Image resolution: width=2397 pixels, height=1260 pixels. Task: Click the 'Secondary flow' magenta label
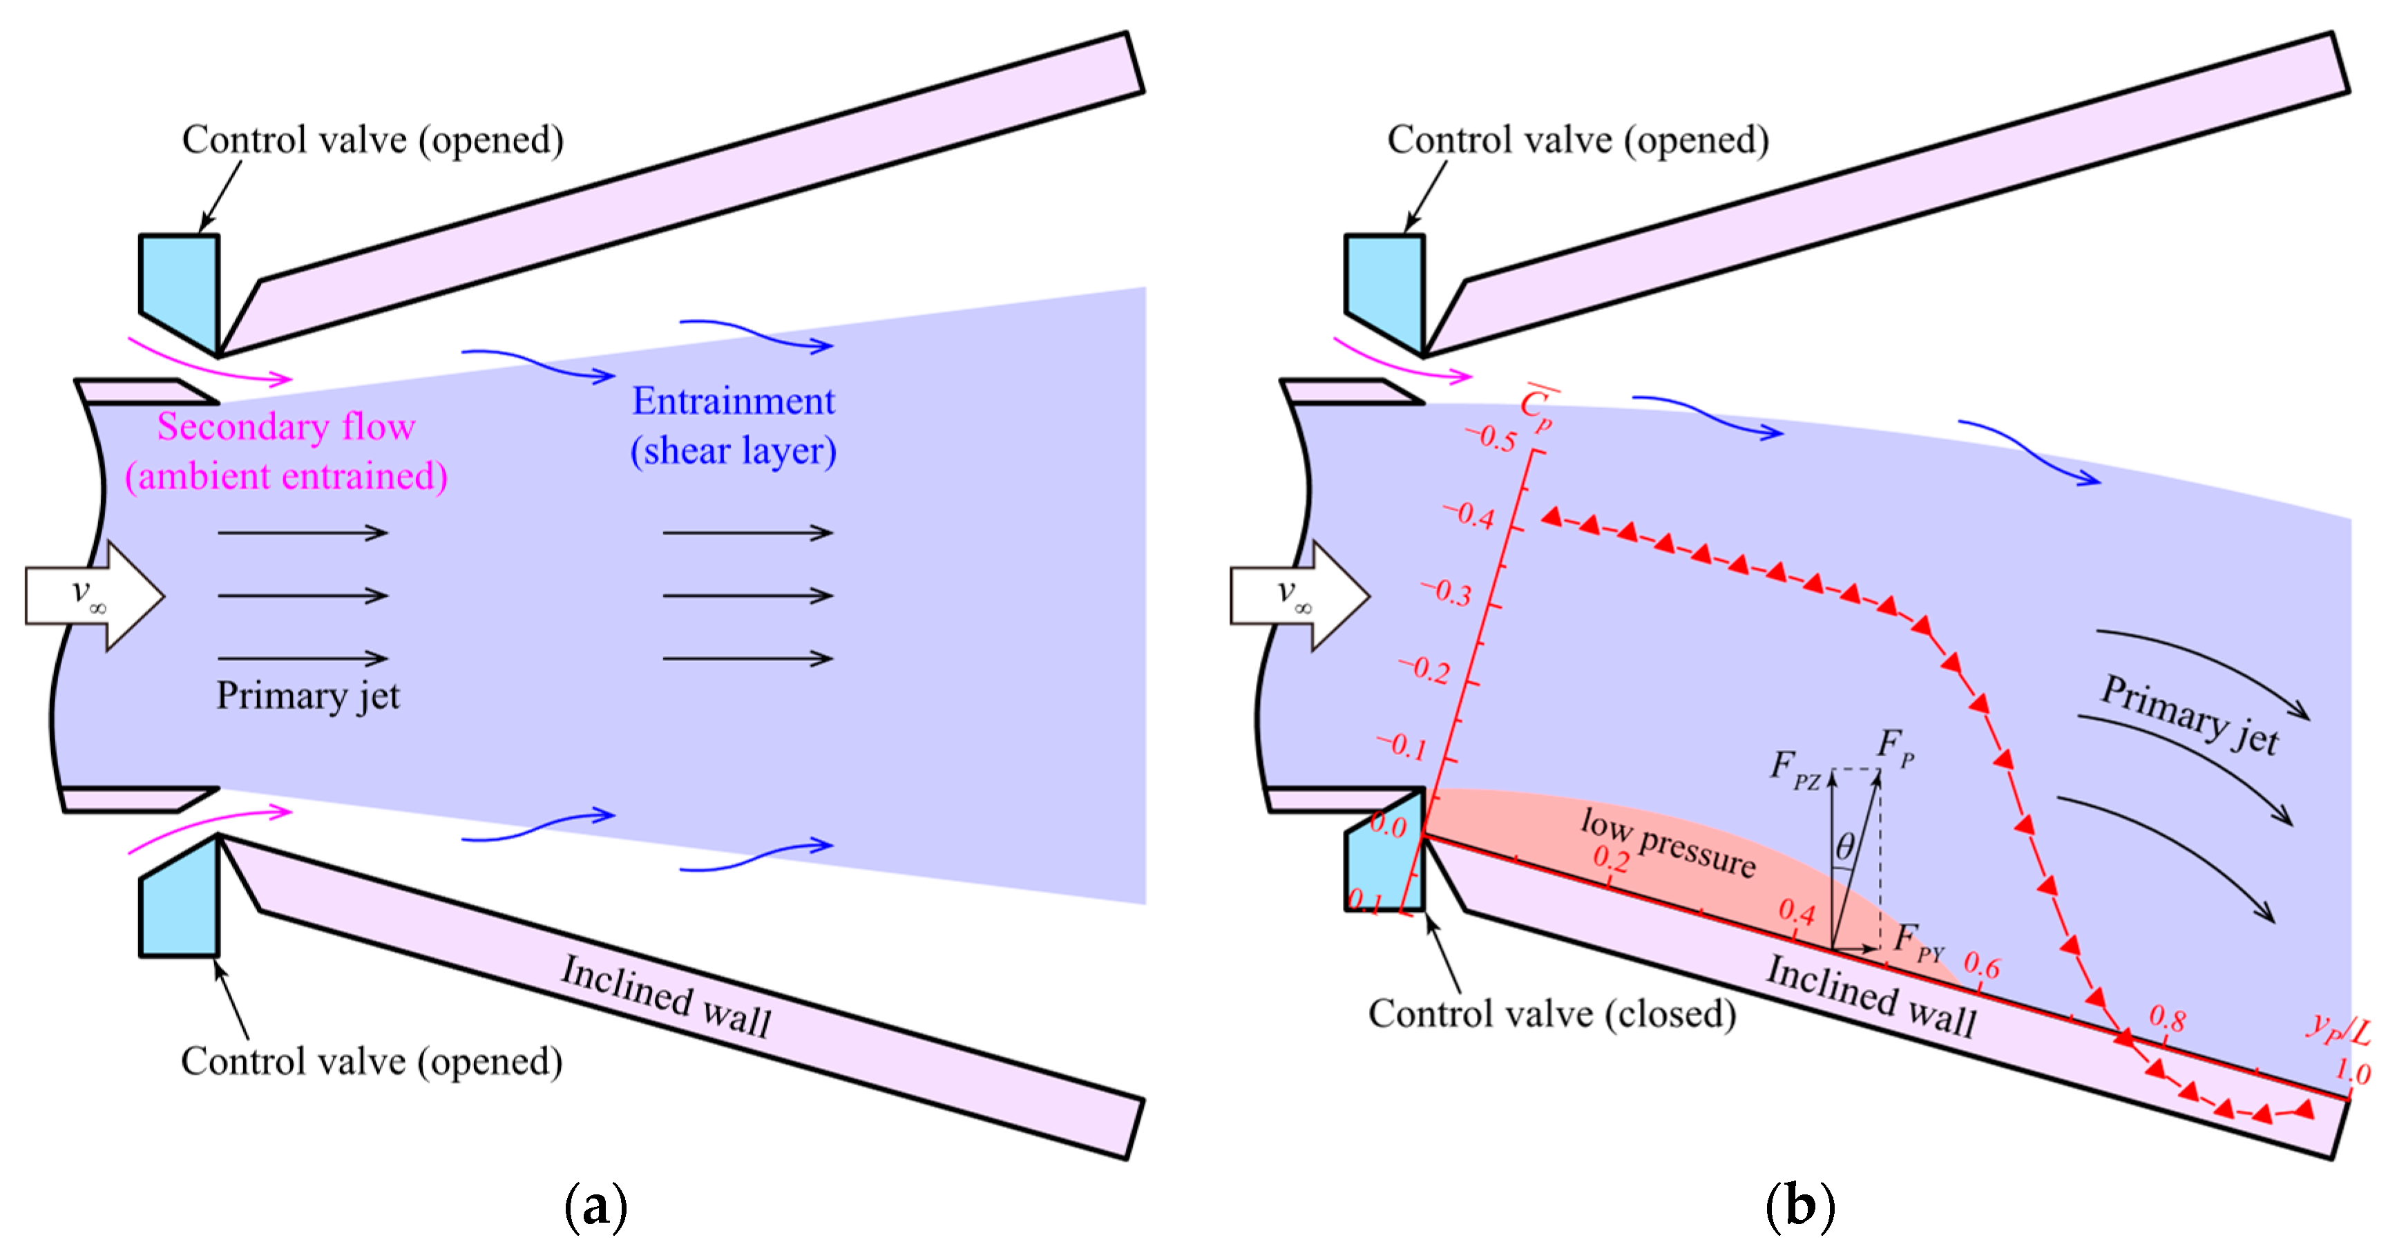click(x=286, y=426)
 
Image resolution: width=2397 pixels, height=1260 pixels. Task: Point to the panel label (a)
click(x=595, y=1206)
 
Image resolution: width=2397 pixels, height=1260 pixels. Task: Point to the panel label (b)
click(x=1801, y=1206)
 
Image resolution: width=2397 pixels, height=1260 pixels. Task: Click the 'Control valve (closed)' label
click(x=1552, y=1013)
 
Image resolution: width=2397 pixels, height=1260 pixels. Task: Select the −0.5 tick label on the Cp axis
click(x=1491, y=437)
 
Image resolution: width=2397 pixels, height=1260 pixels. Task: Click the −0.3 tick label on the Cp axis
click(x=1446, y=592)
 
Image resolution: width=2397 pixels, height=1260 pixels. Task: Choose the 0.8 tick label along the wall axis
click(x=2167, y=1018)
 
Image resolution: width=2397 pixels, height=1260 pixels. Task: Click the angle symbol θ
click(x=1844, y=847)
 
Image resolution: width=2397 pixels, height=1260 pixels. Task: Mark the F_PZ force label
click(x=1795, y=770)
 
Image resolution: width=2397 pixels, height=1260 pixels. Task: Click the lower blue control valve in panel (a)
click(x=180, y=895)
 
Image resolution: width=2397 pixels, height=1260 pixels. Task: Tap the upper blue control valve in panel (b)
click(x=1384, y=295)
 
